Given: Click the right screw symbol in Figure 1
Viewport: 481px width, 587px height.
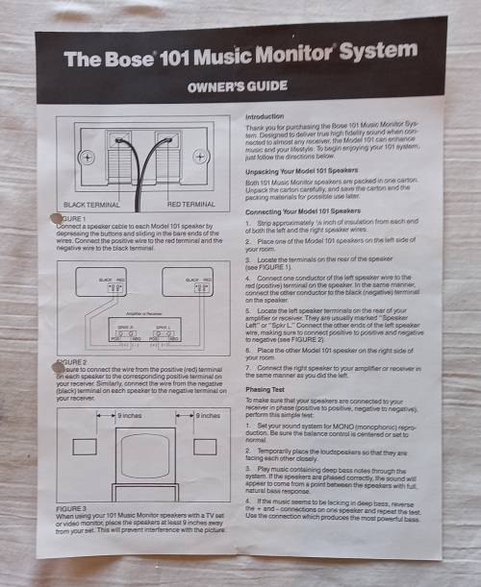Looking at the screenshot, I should (225, 158).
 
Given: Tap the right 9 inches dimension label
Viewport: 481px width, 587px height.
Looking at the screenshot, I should (210, 416).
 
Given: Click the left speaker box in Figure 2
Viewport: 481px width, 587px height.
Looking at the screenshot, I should (96, 289).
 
